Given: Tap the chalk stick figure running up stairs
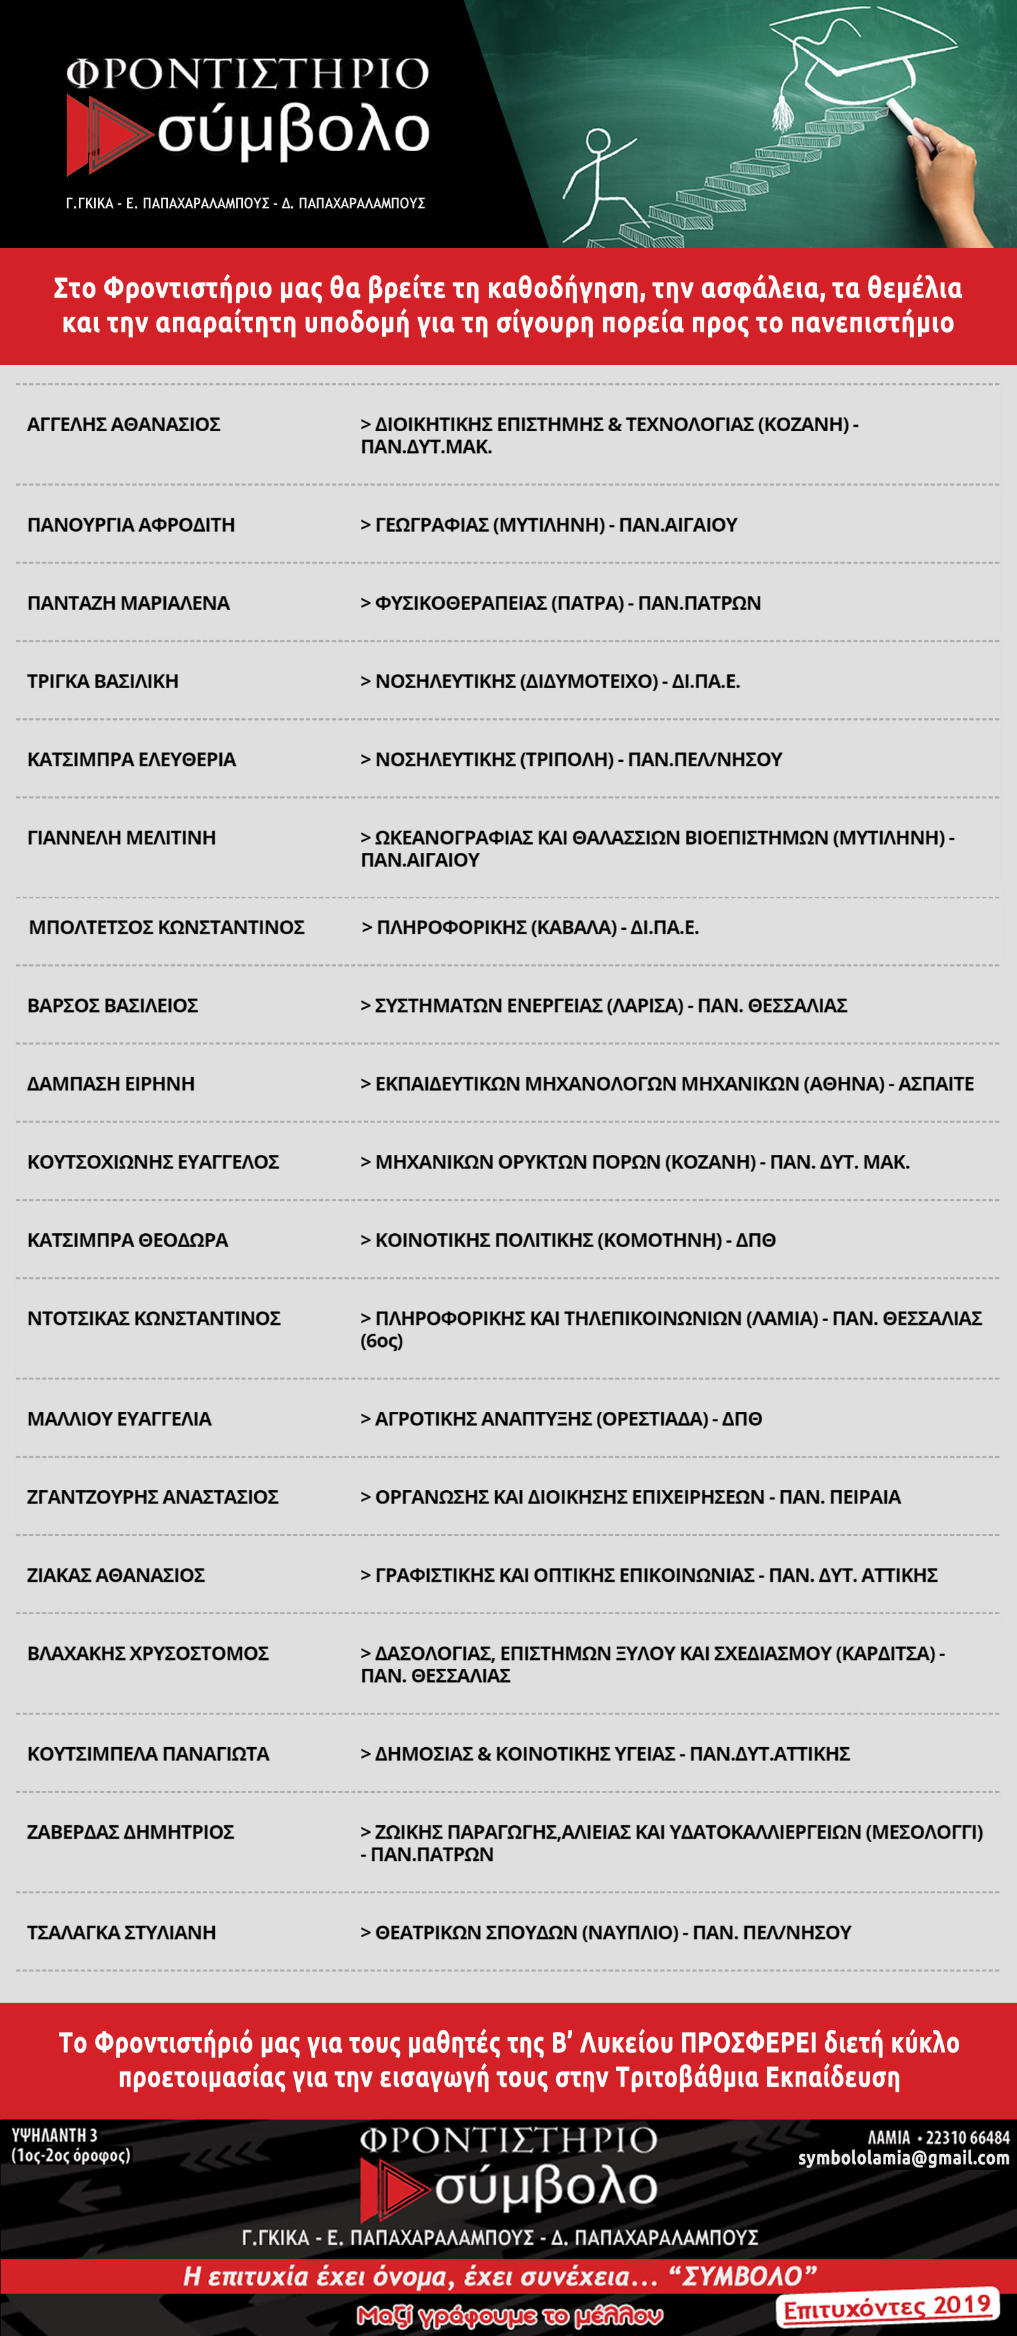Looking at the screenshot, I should coord(598,181).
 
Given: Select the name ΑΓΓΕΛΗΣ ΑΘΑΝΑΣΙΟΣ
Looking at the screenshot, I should coord(123,424).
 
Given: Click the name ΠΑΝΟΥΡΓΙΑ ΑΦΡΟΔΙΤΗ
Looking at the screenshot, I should coord(130,525).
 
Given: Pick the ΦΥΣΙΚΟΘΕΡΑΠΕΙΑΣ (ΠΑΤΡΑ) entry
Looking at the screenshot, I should coord(560,603).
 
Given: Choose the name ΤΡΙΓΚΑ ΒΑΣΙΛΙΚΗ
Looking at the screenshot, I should coord(102,681).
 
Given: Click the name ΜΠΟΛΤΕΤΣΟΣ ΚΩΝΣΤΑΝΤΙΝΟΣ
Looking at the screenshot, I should coord(166,927).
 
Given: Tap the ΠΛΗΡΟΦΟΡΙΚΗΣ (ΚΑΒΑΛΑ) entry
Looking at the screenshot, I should coord(530,927).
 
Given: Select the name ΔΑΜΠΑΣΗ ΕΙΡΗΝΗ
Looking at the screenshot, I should coord(111,1084).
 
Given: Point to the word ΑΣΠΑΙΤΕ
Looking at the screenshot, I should coord(936,1084).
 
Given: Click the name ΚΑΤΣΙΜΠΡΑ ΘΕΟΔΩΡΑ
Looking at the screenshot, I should coord(127,1240).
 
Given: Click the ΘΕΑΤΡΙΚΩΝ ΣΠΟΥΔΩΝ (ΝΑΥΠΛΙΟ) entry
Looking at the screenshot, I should coord(606,1932).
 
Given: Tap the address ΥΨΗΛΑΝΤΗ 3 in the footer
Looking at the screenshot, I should coord(55,2136).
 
